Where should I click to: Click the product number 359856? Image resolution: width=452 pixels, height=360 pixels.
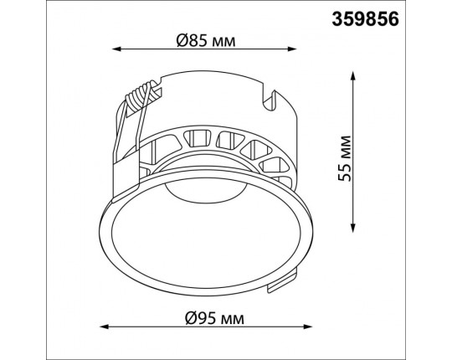coord(365,19)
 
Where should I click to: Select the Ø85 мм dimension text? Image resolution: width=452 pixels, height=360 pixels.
coord(206,41)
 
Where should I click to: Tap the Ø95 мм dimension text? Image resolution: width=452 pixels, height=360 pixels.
coord(214,318)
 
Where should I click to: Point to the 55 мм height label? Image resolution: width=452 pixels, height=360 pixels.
coord(345,158)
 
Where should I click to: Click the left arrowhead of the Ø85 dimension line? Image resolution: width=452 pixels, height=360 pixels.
coord(116,49)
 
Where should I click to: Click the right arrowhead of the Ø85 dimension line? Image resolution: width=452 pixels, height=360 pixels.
coord(292,49)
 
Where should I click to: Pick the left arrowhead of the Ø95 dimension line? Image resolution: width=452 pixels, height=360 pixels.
coord(104,327)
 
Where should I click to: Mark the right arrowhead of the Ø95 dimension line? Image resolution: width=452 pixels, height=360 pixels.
coord(308,327)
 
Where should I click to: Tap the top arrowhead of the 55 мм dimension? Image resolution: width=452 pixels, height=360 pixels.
coord(352,76)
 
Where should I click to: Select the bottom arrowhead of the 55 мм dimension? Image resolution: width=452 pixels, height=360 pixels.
coord(352,228)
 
